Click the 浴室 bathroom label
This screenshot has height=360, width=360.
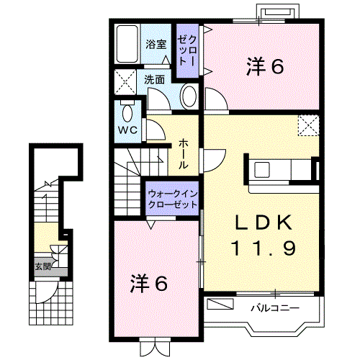pyautogui.click(x=156, y=45)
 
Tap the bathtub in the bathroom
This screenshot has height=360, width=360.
pyautogui.click(x=127, y=44)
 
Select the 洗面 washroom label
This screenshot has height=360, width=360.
pyautogui.click(x=154, y=80)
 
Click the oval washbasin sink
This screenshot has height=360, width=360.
pyautogui.click(x=189, y=97)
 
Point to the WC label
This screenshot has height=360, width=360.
pyautogui.click(x=128, y=130)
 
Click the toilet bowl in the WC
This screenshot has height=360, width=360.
pyautogui.click(x=127, y=112)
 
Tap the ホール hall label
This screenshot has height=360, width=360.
pyautogui.click(x=183, y=154)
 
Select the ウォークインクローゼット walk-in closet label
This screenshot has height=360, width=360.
pyautogui.click(x=173, y=199)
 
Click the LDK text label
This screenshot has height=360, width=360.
pyautogui.click(x=264, y=222)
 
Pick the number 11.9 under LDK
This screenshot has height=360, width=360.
pyautogui.click(x=264, y=248)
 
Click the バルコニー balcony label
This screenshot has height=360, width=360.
pyautogui.click(x=275, y=307)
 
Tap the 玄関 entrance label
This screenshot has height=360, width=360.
pyautogui.click(x=43, y=266)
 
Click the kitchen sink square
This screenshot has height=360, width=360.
pyautogui.click(x=262, y=169)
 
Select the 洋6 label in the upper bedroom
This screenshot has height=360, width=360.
pyautogui.click(x=265, y=66)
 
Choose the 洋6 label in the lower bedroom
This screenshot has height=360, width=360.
pyautogui.click(x=149, y=284)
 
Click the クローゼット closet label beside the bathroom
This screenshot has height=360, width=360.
pyautogui.click(x=187, y=51)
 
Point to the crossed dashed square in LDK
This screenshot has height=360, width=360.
pyautogui.click(x=308, y=125)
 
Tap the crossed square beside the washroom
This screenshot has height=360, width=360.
pyautogui.click(x=125, y=82)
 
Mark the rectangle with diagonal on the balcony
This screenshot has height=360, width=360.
pyautogui.click(x=220, y=304)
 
